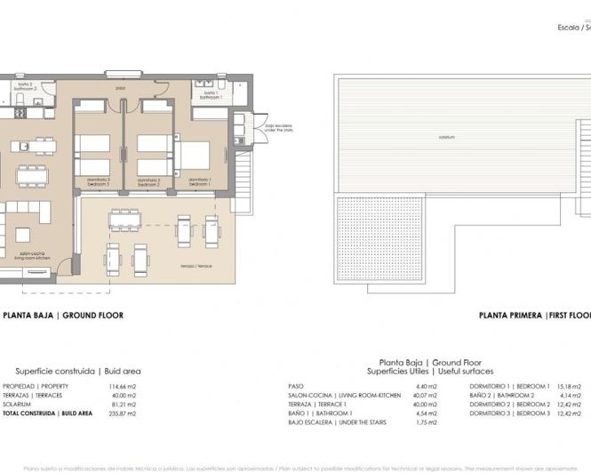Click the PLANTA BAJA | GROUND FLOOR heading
point(63,315)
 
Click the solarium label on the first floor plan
point(453,138)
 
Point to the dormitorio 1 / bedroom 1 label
point(202,181)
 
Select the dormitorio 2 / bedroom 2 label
point(150,181)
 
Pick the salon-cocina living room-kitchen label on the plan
point(36,256)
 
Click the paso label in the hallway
point(146,88)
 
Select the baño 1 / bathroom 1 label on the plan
point(209,92)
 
